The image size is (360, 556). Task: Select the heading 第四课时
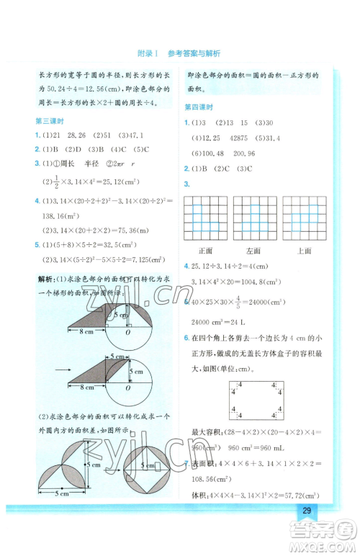[x=199, y=106]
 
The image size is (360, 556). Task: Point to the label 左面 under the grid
[x=253, y=250]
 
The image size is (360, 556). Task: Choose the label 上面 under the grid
[x=303, y=250]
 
